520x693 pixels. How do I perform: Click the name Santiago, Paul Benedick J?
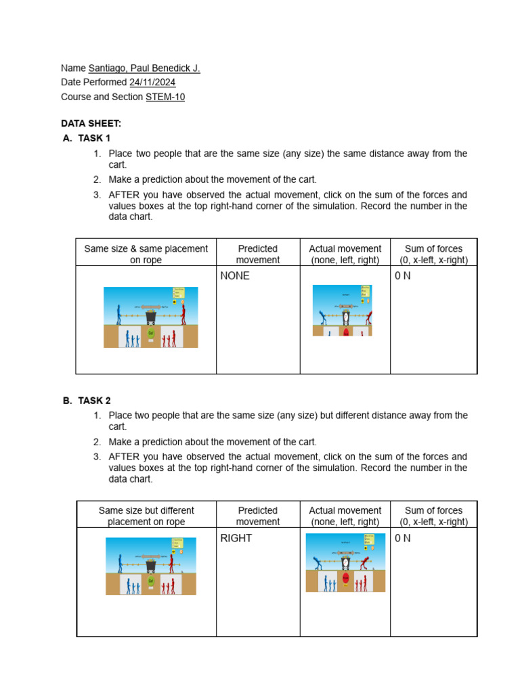[x=144, y=68]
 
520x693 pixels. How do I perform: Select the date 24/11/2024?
[x=152, y=83]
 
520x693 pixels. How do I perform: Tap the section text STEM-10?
[x=165, y=97]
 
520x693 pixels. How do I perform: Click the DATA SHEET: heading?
[x=91, y=123]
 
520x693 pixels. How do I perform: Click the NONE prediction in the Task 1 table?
[x=235, y=276]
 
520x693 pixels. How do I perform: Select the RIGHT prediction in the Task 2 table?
[x=236, y=539]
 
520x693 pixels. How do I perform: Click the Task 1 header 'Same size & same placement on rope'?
[x=146, y=254]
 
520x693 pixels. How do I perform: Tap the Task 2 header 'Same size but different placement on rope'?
[x=146, y=516]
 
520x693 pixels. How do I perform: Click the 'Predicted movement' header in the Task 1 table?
[x=257, y=254]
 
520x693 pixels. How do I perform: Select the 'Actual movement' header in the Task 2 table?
[x=345, y=516]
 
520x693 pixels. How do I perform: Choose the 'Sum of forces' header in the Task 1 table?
[x=433, y=254]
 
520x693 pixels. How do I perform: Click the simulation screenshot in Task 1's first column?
[x=150, y=317]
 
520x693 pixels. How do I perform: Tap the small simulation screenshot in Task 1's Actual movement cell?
[x=342, y=310]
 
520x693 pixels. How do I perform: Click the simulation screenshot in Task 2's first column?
[x=150, y=566]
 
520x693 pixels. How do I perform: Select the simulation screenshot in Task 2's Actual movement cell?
[x=345, y=562]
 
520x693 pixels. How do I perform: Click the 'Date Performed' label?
[x=94, y=83]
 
